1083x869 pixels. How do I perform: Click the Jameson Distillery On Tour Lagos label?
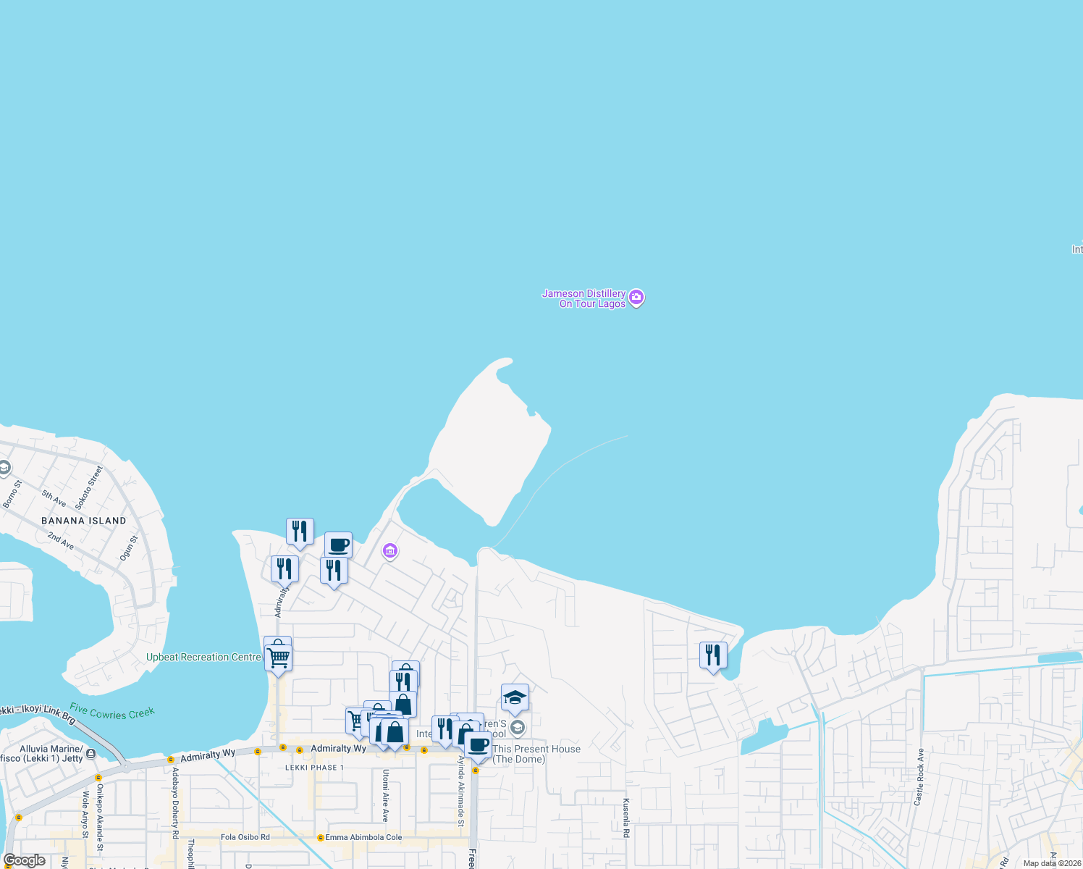pos(584,298)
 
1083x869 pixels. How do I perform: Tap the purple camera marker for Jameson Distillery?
pos(636,298)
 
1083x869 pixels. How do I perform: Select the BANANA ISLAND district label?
pos(84,521)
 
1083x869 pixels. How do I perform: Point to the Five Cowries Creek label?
pos(112,713)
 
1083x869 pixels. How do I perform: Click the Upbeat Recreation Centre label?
pos(203,658)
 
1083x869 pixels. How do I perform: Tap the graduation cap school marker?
pos(515,698)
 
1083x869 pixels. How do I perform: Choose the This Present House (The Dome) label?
pos(536,754)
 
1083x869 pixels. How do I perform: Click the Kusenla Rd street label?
pos(626,818)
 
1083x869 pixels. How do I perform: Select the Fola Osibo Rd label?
pos(245,837)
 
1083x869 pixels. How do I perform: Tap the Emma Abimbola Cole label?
pos(363,837)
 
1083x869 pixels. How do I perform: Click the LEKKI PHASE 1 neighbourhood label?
pos(315,768)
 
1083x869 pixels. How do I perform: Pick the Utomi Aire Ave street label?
pos(386,796)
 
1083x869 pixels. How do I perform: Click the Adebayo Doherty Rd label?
pos(175,802)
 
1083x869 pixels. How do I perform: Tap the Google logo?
pos(25,860)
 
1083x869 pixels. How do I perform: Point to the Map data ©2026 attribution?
pos(1051,863)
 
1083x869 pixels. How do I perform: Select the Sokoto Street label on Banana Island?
pos(89,487)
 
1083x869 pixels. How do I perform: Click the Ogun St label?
pos(128,548)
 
